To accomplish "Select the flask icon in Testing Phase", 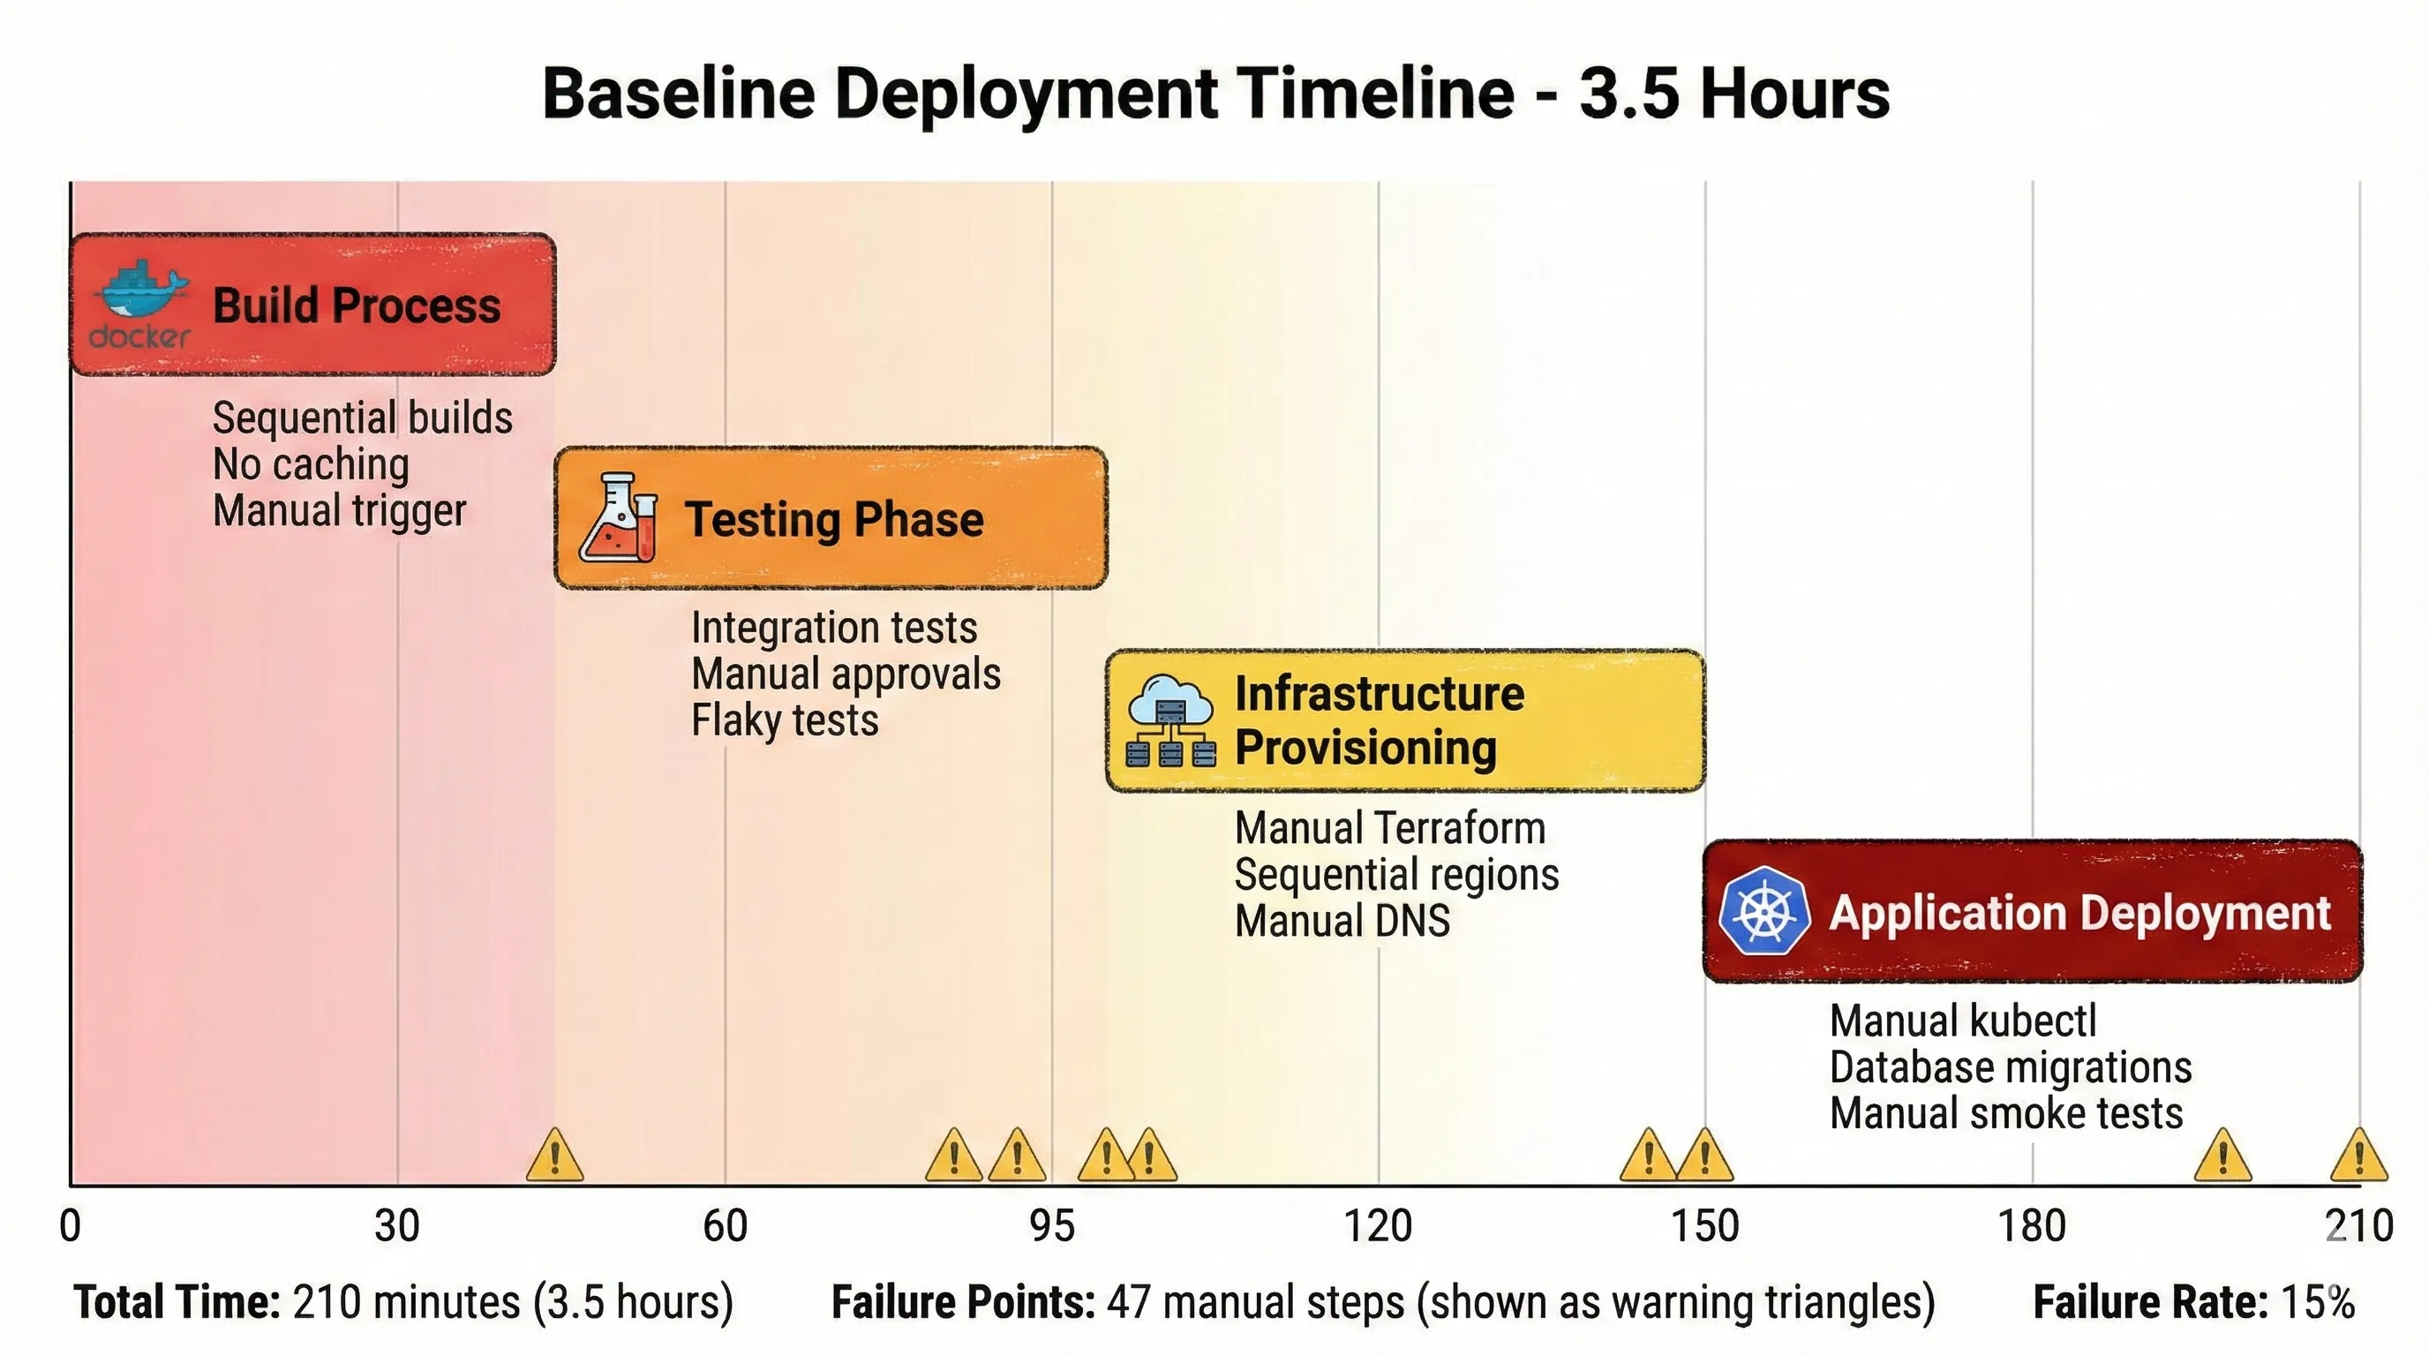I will click(x=619, y=517).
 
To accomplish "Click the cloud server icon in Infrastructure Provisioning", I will click(x=1170, y=721).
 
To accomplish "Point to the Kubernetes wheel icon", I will click(x=1763, y=911).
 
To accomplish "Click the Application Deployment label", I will click(x=2079, y=913).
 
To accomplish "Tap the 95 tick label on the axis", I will click(x=1051, y=1226).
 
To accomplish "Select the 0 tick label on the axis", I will click(x=70, y=1226).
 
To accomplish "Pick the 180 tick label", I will click(x=2031, y=1226).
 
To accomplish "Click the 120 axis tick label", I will click(x=1378, y=1226).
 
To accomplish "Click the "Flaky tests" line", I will click(x=785, y=720).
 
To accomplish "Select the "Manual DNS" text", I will click(x=1342, y=922).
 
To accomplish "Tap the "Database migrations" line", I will click(x=2011, y=1067).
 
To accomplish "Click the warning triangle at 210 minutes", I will click(x=2358, y=1157).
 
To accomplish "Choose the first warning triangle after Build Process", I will click(x=554, y=1157).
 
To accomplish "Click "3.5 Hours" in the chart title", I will click(x=1734, y=94).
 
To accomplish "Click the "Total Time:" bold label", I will click(x=177, y=1302).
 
